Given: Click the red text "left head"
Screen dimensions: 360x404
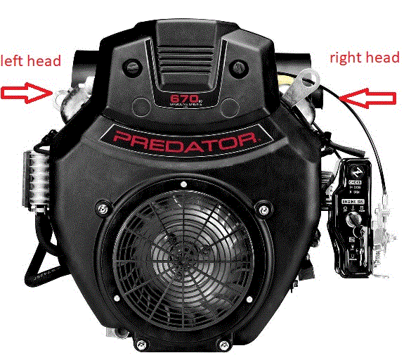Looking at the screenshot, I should coord(31,61).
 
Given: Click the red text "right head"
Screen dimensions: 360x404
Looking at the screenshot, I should coord(365,58).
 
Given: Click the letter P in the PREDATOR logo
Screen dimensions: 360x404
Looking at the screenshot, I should coord(117,139).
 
